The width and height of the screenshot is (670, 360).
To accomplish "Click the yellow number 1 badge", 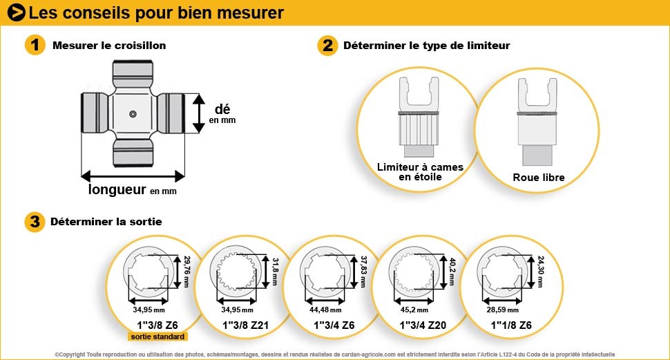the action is [x=35, y=45].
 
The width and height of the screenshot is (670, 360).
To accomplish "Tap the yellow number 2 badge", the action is [x=327, y=45].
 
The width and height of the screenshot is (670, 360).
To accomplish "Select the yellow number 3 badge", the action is [x=35, y=222].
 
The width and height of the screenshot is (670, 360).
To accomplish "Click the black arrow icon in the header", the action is [x=17, y=12].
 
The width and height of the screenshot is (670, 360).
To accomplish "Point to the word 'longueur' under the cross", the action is [x=117, y=189].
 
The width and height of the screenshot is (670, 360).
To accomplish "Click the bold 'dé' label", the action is [x=222, y=109].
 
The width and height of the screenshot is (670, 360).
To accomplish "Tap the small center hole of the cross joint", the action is [x=133, y=114].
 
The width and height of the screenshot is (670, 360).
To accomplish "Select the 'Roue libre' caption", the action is [x=538, y=178].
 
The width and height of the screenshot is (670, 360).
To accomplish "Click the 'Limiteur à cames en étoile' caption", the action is [x=420, y=172].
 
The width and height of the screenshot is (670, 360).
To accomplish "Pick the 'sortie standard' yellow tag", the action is [x=157, y=337].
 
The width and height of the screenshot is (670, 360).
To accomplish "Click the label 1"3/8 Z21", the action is [x=246, y=325].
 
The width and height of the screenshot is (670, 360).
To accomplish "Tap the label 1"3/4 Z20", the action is [x=423, y=325].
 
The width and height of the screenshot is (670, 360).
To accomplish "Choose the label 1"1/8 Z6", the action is [x=511, y=325].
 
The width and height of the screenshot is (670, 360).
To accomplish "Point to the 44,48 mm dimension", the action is [x=325, y=310].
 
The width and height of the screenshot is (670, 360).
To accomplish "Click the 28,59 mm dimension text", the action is [x=503, y=310].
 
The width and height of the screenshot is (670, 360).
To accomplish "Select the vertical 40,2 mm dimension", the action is [x=453, y=272].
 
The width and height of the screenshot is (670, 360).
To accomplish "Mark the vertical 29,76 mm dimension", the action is [x=186, y=272].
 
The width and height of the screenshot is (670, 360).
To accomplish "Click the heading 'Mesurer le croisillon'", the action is [x=109, y=46].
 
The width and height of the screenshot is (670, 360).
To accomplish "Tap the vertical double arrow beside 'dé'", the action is [x=199, y=113].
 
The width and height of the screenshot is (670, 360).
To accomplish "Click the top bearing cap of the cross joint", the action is [x=133, y=73].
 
